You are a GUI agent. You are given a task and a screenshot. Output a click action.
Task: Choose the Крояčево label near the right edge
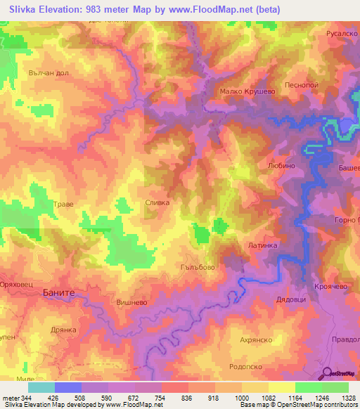330,287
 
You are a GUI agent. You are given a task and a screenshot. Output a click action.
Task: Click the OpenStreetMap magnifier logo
326,372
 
